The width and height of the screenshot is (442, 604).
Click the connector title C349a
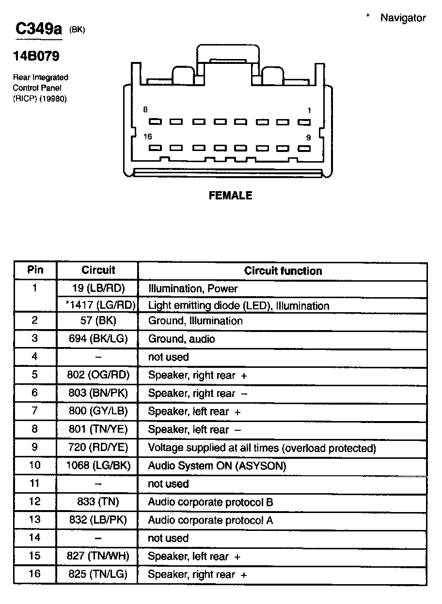pos(39,30)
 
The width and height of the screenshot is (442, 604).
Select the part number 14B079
pos(36,57)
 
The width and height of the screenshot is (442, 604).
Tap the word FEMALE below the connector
pos(230,196)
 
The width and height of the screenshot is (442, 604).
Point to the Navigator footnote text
pos(402,18)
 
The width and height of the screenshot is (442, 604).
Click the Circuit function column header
pos(283,271)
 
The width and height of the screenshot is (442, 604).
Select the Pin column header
pos(35,270)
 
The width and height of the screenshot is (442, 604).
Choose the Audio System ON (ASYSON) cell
pos(217,466)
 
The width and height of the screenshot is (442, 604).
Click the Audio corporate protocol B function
pos(210,502)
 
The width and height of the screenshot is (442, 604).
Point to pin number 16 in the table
pos(35,574)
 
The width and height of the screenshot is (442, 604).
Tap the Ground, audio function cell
pos(181,339)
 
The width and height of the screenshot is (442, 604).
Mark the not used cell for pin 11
pos(168,484)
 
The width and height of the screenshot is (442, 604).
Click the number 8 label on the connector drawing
pos(145,110)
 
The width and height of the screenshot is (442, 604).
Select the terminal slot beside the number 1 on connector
pos(304,122)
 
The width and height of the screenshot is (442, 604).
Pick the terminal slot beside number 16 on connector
pos(155,148)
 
